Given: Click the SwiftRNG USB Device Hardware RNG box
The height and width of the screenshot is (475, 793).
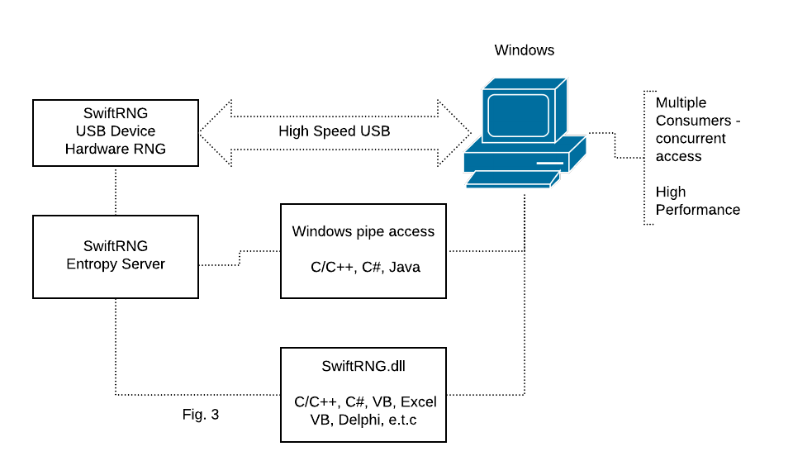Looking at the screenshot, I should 115,132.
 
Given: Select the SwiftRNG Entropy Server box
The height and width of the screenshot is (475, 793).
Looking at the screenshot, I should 115,256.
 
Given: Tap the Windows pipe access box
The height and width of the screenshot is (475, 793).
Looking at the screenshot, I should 363,250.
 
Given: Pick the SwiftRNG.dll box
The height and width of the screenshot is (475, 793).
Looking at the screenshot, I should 363,395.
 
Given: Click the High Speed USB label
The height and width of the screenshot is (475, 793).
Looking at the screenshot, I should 334,131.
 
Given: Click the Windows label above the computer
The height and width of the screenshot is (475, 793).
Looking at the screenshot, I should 524,50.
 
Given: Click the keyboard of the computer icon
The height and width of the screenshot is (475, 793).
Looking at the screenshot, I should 508,178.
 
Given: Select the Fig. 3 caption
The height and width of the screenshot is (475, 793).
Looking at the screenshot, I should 201,415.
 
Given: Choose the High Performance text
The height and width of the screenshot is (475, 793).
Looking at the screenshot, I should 697,201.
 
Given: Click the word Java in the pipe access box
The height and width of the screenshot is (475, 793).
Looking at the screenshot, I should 405,267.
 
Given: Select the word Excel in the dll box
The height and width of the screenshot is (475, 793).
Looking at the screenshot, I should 418,402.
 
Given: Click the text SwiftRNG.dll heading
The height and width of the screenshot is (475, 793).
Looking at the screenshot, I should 363,365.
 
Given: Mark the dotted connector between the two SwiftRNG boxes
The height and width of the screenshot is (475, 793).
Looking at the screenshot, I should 115,191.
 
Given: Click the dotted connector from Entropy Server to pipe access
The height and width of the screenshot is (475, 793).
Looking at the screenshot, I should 240,257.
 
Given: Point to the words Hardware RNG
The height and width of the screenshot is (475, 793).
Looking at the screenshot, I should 115,150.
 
